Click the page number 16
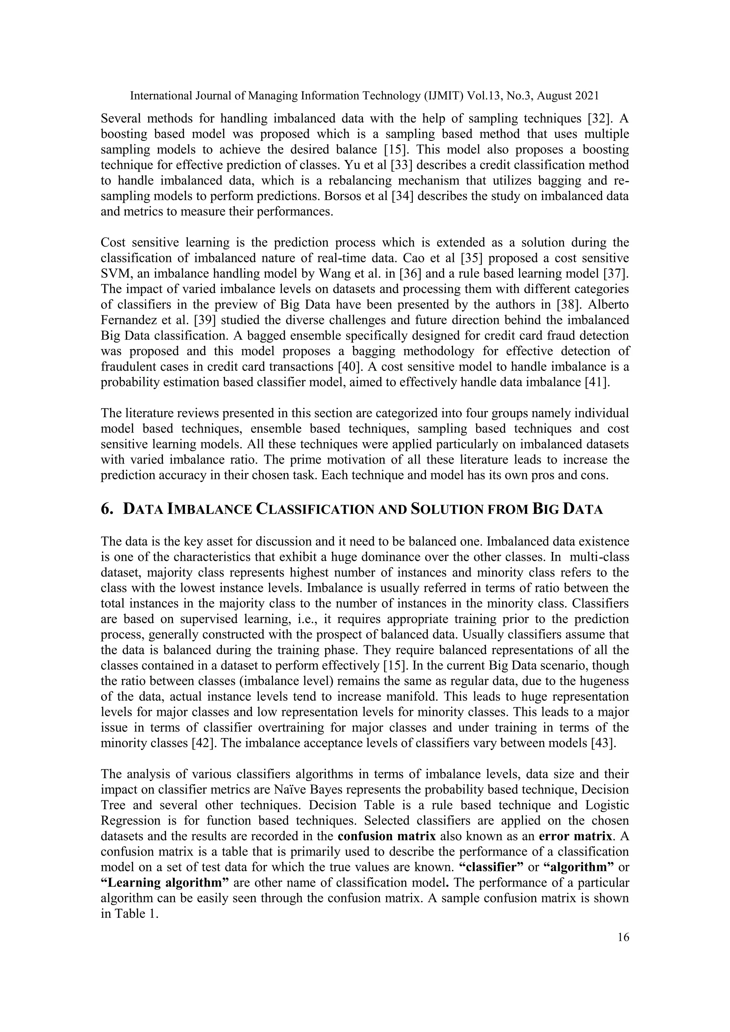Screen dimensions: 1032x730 [623, 937]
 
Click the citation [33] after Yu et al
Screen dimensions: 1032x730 [401, 165]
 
